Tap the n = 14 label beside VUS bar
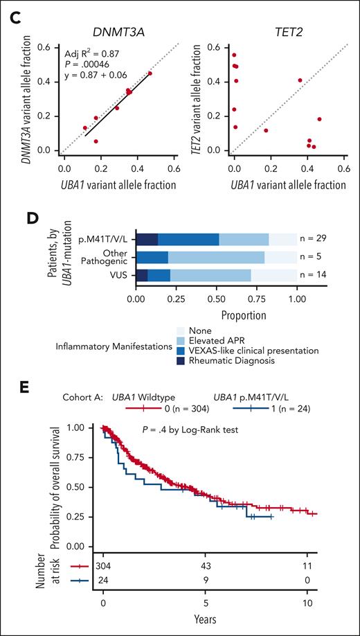click(316, 275)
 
